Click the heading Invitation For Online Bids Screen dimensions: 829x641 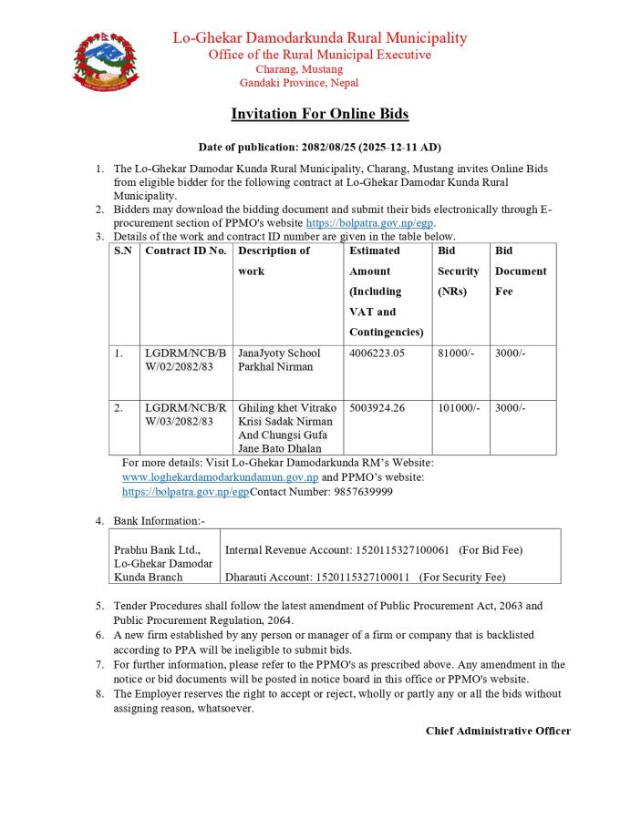(319, 114)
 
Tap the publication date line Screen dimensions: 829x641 (319, 147)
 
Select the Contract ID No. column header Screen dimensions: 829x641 (186, 251)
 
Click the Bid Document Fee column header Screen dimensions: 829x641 (521, 271)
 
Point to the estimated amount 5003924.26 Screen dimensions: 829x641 (382, 408)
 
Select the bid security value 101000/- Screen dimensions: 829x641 (459, 408)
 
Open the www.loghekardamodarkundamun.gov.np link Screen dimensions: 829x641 (220, 476)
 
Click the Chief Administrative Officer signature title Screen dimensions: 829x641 (498, 731)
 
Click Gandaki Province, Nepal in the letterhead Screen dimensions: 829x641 (298, 83)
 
